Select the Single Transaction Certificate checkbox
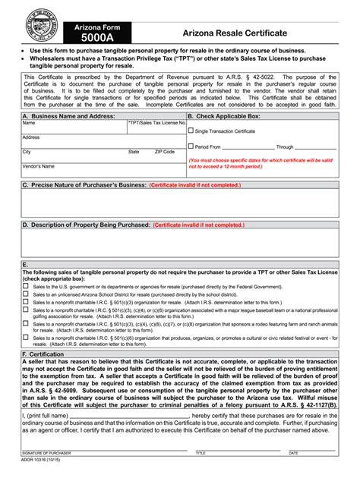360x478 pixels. pyautogui.click(x=191, y=131)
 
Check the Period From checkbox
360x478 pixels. pyautogui.click(x=191, y=146)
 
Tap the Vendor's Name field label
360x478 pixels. pyautogui.click(x=39, y=166)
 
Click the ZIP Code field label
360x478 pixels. pyautogui.click(x=164, y=152)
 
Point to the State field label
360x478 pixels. pyautogui.click(x=134, y=152)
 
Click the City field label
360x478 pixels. pyautogui.click(x=27, y=152)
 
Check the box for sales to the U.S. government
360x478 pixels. pyautogui.click(x=26, y=288)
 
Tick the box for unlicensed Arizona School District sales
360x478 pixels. pyautogui.click(x=26, y=294)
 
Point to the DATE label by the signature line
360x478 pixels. pyautogui.click(x=292, y=453)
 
